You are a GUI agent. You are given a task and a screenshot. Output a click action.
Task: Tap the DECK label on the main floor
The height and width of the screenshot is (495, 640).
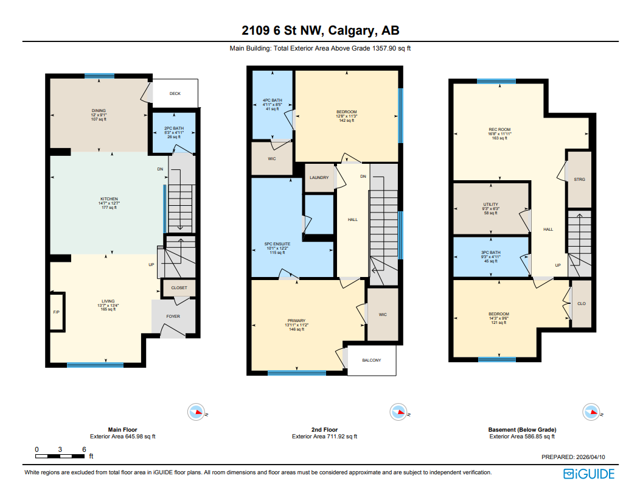[x=175, y=94]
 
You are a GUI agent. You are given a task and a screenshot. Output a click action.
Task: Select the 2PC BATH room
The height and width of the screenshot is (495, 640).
[x=173, y=132]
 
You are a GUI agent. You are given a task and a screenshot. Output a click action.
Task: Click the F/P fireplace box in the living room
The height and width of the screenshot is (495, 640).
[x=57, y=312]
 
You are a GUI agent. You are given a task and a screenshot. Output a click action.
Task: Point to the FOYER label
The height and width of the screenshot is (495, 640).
[x=173, y=317]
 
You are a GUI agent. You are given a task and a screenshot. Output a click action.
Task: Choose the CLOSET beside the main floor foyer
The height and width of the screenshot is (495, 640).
[x=179, y=287]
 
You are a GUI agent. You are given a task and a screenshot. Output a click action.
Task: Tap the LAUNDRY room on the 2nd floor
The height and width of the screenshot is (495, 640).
[x=319, y=178]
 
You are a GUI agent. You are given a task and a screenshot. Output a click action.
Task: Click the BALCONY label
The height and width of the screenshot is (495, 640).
[x=371, y=360]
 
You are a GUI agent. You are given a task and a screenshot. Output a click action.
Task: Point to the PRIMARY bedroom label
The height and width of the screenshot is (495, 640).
[x=296, y=321]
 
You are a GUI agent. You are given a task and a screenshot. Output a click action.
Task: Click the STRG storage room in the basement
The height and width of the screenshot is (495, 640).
[x=579, y=180]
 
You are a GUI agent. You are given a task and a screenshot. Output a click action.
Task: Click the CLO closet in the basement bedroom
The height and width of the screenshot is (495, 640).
[x=581, y=304]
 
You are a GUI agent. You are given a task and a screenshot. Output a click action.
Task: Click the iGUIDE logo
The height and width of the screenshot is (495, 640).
[x=589, y=474]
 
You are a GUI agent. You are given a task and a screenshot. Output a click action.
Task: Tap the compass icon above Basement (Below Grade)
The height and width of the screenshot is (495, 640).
[x=590, y=412]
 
